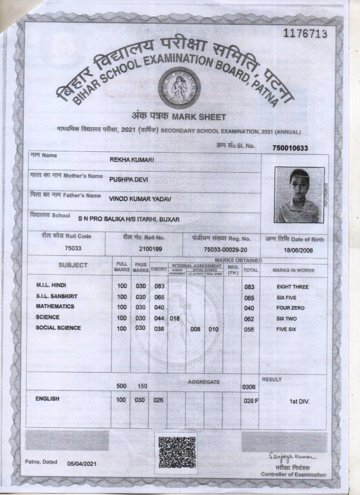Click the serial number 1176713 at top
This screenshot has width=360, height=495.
[x=307, y=33]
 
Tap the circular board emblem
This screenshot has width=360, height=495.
[x=179, y=87]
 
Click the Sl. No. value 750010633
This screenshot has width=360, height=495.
[x=290, y=148]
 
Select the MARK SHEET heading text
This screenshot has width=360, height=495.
[x=179, y=117]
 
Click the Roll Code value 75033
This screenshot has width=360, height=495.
[x=73, y=248]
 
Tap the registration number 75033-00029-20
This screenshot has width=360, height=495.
[x=225, y=248]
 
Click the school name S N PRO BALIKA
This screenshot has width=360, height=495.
[x=129, y=219]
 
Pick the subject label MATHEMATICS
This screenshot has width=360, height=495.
[x=55, y=306]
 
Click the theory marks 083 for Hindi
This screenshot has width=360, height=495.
[x=159, y=286]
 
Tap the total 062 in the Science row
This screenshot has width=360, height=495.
[x=249, y=319]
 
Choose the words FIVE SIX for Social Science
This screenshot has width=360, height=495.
[x=286, y=330]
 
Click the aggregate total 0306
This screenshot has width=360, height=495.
[x=248, y=387]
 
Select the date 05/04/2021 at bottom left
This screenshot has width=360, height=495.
[x=83, y=464]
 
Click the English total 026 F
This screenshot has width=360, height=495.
[x=251, y=400]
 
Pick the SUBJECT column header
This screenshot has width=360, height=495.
[x=73, y=265]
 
